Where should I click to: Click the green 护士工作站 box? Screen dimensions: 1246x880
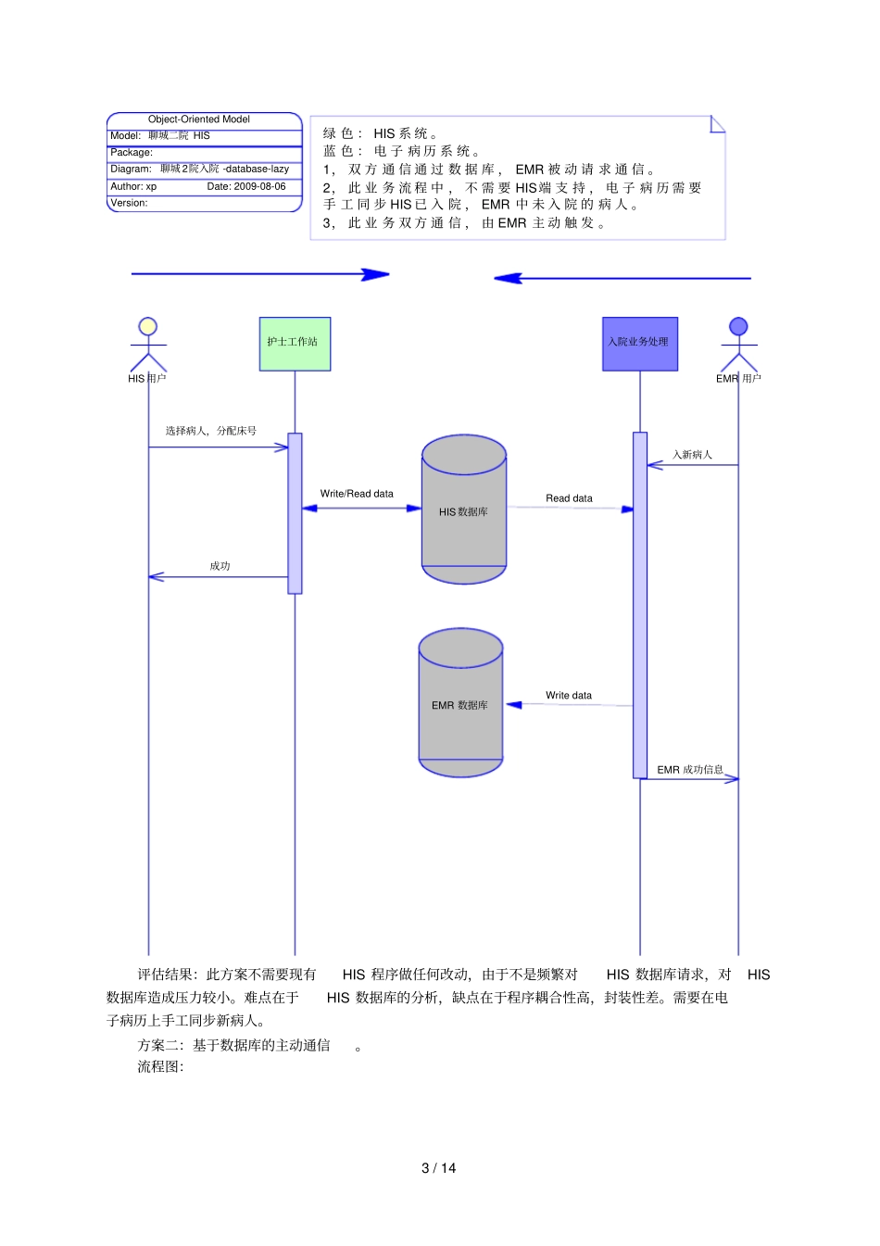pyautogui.click(x=295, y=344)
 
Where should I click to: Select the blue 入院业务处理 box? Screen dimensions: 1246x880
pyautogui.click(x=639, y=344)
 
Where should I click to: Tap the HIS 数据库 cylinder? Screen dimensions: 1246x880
pyautogui.click(x=463, y=510)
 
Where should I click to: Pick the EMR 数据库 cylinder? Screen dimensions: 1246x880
pyautogui.click(x=460, y=704)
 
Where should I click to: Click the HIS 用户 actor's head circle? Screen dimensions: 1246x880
pyautogui.click(x=147, y=326)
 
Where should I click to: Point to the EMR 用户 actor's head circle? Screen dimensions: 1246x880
pyautogui.click(x=738, y=326)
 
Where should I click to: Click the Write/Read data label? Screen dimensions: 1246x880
pyautogui.click(x=357, y=494)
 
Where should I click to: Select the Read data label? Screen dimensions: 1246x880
pyautogui.click(x=569, y=498)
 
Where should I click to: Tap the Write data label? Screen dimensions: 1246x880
pyautogui.click(x=569, y=696)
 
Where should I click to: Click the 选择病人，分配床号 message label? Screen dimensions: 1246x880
pyautogui.click(x=211, y=431)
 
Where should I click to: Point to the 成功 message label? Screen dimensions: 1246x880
pyautogui.click(x=220, y=566)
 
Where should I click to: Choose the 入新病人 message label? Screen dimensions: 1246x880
pyautogui.click(x=692, y=455)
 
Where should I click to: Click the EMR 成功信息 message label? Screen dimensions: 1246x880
pyautogui.click(x=690, y=770)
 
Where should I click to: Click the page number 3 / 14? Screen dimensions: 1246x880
pyautogui.click(x=439, y=1168)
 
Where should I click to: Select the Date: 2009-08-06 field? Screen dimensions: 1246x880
pyautogui.click(x=246, y=186)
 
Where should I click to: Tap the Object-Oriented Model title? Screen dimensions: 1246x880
pyautogui.click(x=199, y=120)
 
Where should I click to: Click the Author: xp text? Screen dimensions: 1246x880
pyautogui.click(x=133, y=186)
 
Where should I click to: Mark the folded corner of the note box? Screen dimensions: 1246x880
pyautogui.click(x=718, y=123)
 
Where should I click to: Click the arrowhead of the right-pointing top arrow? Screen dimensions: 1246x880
pyautogui.click(x=376, y=274)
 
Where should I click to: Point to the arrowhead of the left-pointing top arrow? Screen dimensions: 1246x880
pyautogui.click(x=508, y=278)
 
